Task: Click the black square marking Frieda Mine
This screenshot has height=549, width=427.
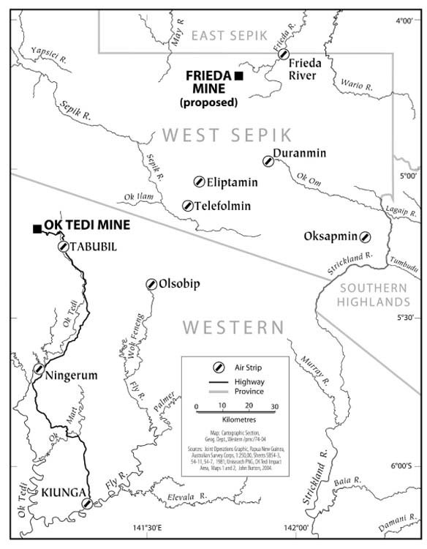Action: pyautogui.click(x=238, y=75)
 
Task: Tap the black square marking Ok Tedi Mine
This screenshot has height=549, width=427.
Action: pyautogui.click(x=37, y=229)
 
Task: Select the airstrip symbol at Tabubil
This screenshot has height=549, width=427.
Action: pyautogui.click(x=63, y=247)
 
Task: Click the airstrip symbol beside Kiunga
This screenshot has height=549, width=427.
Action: pyautogui.click(x=87, y=504)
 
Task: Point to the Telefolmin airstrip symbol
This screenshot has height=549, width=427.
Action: pyautogui.click(x=188, y=206)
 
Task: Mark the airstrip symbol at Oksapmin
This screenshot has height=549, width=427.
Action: pyautogui.click(x=365, y=236)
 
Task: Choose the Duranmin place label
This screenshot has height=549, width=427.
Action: pyautogui.click(x=299, y=153)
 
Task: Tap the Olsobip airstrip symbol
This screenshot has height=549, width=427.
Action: pyautogui.click(x=151, y=284)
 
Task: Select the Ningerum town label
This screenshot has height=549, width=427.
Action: pyautogui.click(x=71, y=376)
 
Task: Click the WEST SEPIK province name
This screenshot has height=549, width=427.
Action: pyautogui.click(x=227, y=135)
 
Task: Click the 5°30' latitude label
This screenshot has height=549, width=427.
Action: pyautogui.click(x=405, y=318)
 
